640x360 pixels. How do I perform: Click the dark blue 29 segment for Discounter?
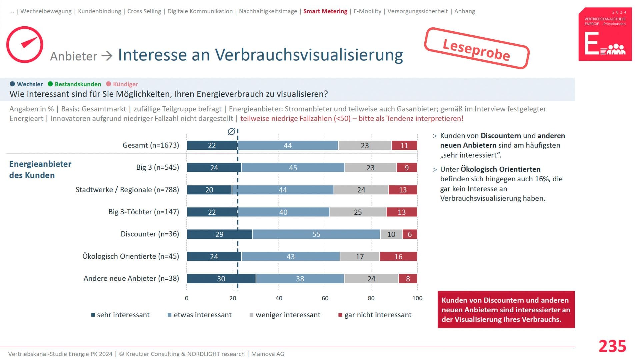coord(219,234)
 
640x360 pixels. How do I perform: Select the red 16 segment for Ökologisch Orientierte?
coord(398,257)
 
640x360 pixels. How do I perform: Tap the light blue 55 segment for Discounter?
coord(316,234)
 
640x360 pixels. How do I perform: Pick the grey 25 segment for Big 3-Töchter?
coord(358,212)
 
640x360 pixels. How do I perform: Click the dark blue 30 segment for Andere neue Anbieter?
coord(221,279)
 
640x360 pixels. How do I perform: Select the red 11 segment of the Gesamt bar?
coord(404,146)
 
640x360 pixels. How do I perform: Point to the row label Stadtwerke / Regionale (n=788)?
coord(127,190)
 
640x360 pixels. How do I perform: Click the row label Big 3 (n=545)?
coord(157,167)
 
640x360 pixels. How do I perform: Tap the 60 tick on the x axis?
coord(325,298)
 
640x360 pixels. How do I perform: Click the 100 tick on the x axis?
coord(417,298)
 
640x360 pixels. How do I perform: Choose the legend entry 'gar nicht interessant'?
coord(378,315)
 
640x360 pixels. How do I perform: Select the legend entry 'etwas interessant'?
coord(202,315)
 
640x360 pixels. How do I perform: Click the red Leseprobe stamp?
coord(477,49)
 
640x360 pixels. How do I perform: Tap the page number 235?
coord(612,346)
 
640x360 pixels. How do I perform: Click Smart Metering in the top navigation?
coord(325,11)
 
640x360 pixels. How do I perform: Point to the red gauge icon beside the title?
coord(25,45)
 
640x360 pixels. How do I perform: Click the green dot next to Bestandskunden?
coord(50,84)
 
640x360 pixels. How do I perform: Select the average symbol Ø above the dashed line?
coord(231,132)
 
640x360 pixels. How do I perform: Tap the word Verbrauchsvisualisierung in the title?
coord(309,55)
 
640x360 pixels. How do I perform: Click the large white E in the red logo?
coord(592,44)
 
